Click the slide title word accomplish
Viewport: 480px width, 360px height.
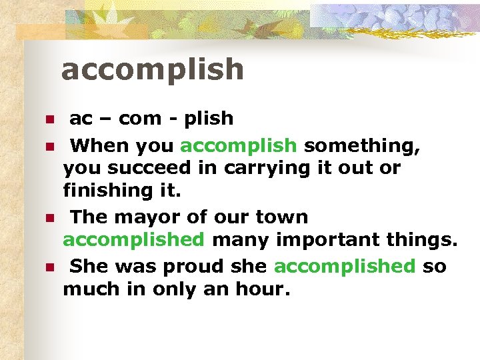[152, 70]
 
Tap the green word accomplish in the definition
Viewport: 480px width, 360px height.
[238, 145]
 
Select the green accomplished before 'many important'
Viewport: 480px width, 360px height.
[133, 239]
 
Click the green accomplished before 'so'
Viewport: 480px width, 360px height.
[344, 267]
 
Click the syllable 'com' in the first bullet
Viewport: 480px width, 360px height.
[140, 119]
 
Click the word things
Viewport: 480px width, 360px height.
[421, 239]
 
